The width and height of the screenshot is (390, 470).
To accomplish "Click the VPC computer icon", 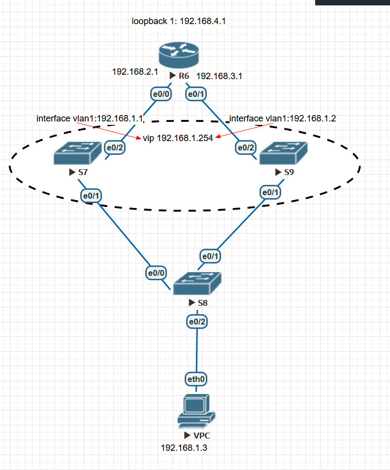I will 196,411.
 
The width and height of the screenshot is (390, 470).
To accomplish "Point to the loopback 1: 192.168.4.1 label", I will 178,21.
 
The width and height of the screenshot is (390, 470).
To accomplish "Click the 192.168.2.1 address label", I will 135,72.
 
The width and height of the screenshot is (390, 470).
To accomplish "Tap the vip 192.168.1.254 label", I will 178,138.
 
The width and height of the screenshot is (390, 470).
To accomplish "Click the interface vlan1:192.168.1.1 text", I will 89,118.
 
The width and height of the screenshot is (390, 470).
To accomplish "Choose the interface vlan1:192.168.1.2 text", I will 283,118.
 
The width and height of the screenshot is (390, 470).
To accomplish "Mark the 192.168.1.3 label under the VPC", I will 184,448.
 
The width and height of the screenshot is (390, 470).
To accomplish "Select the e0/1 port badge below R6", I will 196,93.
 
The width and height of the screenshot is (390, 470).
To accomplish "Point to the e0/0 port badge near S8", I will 156,273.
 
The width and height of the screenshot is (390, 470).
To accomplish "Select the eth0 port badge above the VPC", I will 196,379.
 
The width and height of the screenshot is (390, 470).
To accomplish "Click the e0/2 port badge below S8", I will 197,322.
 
